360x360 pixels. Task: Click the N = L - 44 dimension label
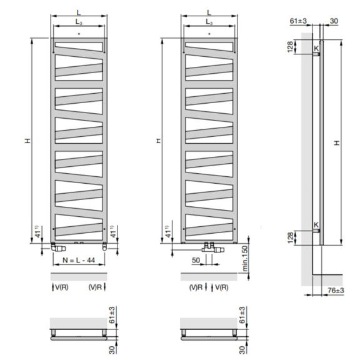79,260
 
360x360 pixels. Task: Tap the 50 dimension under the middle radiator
196,260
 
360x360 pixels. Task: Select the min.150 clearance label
245,259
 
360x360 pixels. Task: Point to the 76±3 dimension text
336,291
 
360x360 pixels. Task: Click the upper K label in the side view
316,49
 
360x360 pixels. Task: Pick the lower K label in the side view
316,224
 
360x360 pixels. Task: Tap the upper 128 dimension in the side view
291,47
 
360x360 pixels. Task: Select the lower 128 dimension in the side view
291,238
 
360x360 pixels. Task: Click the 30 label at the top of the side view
334,21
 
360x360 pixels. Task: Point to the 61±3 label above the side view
298,21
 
